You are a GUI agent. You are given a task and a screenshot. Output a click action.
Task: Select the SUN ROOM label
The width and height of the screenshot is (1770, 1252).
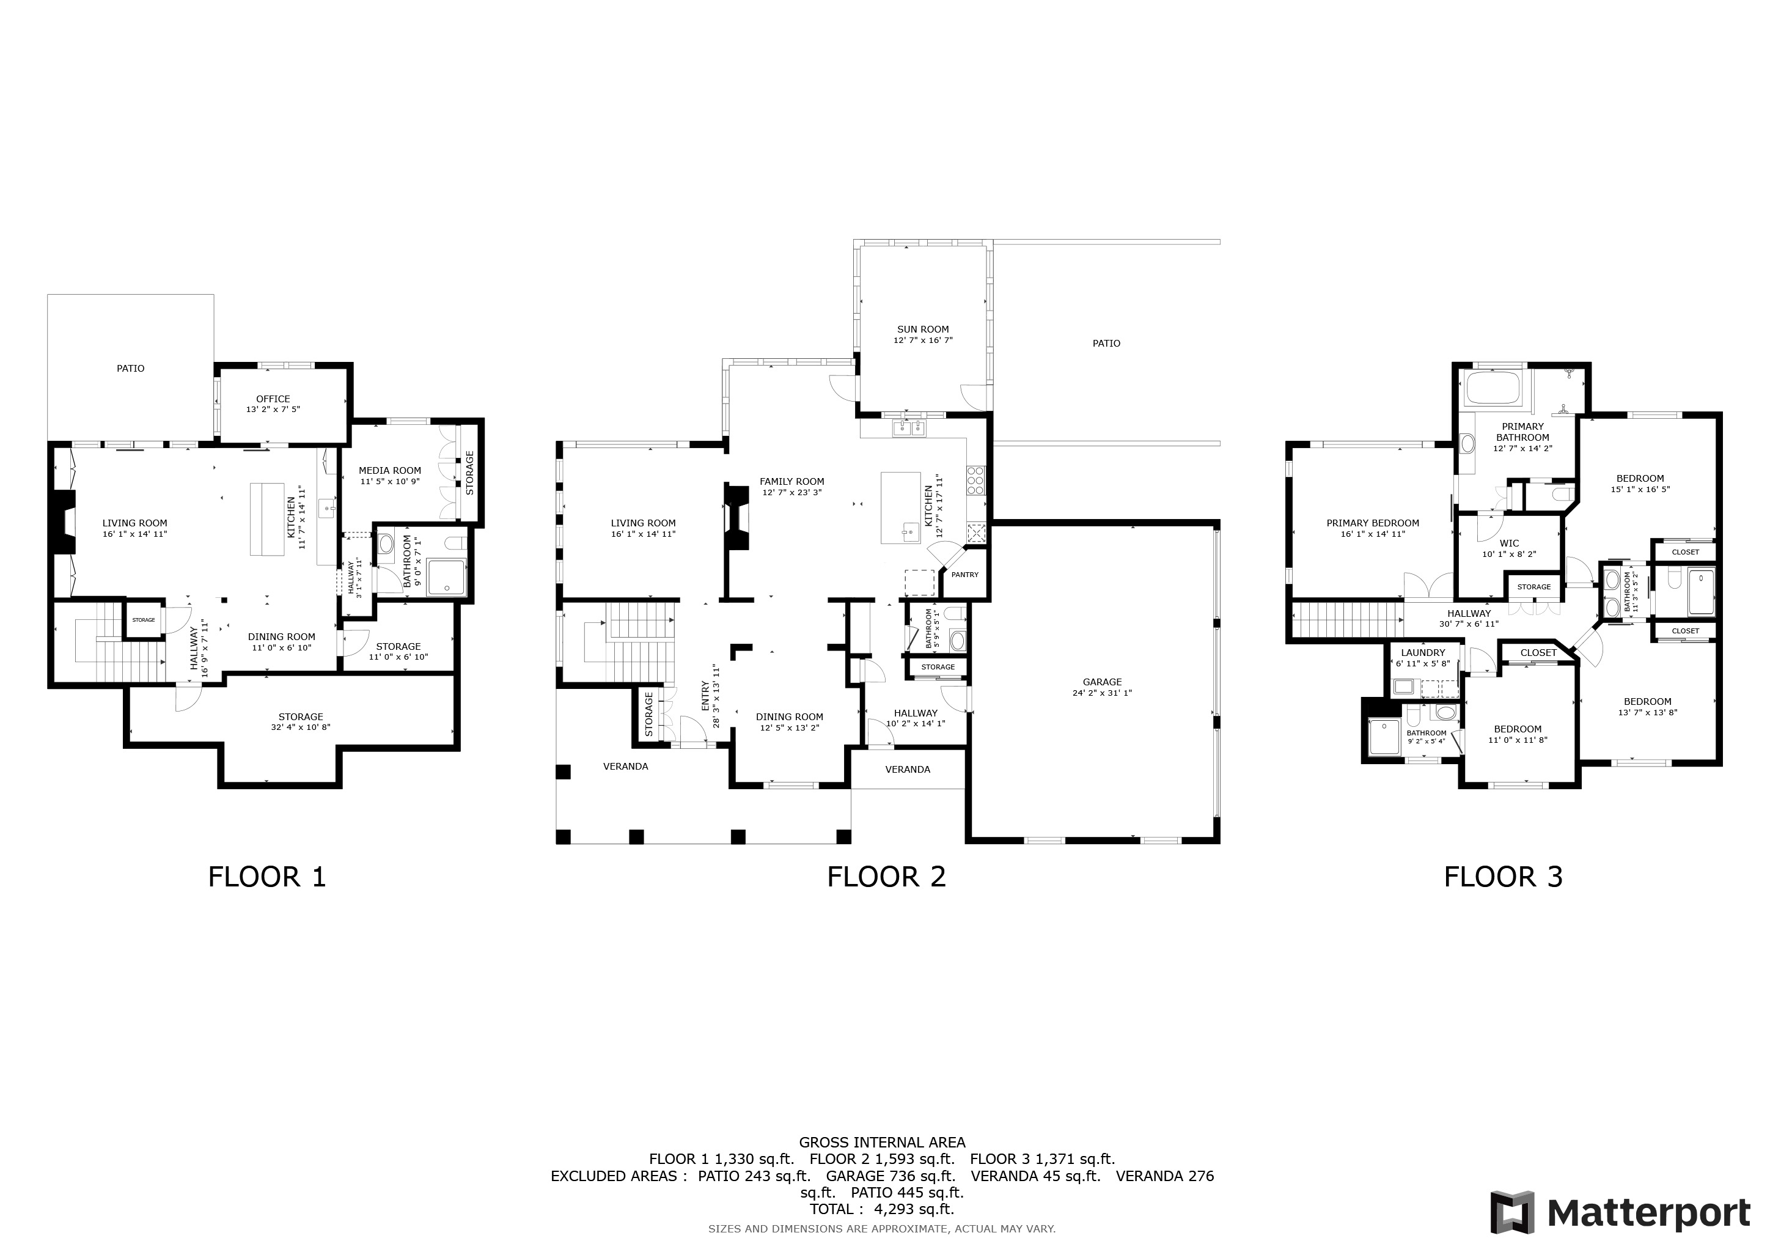pos(923,329)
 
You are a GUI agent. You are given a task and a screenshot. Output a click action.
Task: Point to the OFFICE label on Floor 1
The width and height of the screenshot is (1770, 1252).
pos(273,399)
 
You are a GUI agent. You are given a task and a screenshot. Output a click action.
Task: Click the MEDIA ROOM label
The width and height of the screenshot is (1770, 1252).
pos(389,470)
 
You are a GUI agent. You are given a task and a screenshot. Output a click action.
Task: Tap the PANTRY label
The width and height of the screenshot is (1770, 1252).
pos(964,575)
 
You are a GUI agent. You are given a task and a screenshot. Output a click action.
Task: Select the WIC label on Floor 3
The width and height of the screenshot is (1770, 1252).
pos(1508,543)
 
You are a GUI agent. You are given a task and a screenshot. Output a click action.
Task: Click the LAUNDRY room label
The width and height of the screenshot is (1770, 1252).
pos(1422,652)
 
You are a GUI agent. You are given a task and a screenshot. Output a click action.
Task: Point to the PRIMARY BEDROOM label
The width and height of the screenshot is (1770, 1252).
pos(1372,523)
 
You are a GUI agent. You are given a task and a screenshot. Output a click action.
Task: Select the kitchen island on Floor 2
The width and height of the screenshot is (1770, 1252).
pos(900,507)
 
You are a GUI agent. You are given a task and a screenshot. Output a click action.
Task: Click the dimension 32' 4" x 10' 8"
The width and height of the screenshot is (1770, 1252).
pos(301,727)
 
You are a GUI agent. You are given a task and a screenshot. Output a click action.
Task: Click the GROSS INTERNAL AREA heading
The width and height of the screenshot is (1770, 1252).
pos(882,1142)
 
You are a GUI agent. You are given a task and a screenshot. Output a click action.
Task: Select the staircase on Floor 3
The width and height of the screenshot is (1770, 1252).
pos(1346,620)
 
